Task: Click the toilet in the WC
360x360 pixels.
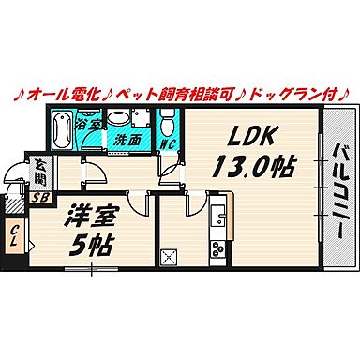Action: (167, 120)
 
